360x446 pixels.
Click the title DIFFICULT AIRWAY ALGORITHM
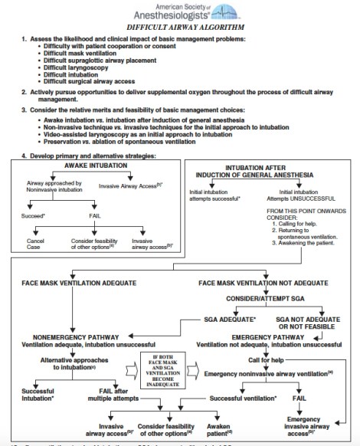tap(180, 25)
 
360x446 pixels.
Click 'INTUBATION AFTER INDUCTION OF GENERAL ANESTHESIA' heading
tap(270, 173)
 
